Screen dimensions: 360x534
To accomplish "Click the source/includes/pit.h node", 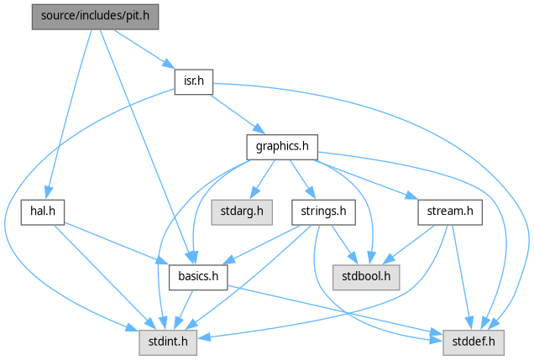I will [x=95, y=16].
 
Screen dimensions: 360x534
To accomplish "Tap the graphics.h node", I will [x=282, y=147].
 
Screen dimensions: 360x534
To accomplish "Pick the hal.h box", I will [x=43, y=211].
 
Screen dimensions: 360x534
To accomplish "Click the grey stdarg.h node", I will [x=242, y=211].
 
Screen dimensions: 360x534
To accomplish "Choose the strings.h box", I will [x=324, y=211].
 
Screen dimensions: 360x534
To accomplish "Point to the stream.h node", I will [x=450, y=211].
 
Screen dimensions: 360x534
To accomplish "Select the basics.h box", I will [x=198, y=276].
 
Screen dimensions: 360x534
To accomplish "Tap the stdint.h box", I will [x=169, y=341].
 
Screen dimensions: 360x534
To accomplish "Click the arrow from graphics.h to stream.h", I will [x=369, y=180].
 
